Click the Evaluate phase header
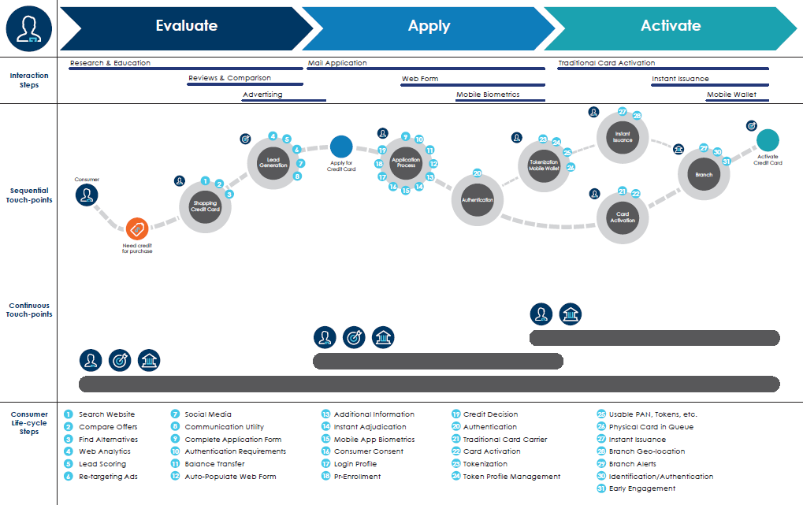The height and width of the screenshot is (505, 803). (186, 26)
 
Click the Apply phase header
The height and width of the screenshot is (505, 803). (429, 26)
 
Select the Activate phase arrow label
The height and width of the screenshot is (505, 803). (670, 26)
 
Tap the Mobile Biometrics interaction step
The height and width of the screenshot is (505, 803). (488, 95)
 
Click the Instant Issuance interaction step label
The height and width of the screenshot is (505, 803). (680, 79)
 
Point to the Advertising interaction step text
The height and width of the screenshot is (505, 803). (262, 95)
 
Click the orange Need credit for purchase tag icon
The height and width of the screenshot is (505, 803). (137, 229)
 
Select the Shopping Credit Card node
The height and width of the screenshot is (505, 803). (205, 207)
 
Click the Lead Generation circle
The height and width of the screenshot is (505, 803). (273, 162)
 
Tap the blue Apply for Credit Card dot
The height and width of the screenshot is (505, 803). (341, 147)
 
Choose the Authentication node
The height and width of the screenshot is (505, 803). (478, 200)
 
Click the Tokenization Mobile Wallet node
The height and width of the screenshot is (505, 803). (544, 165)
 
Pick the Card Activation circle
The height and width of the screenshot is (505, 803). (623, 217)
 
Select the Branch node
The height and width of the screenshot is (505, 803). (704, 175)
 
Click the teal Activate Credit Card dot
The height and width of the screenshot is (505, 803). (768, 140)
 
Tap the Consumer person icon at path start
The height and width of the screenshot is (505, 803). (87, 195)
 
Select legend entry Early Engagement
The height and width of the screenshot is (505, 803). (641, 488)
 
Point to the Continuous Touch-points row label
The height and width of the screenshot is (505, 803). (29, 310)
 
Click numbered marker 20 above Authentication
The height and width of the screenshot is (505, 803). (477, 173)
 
